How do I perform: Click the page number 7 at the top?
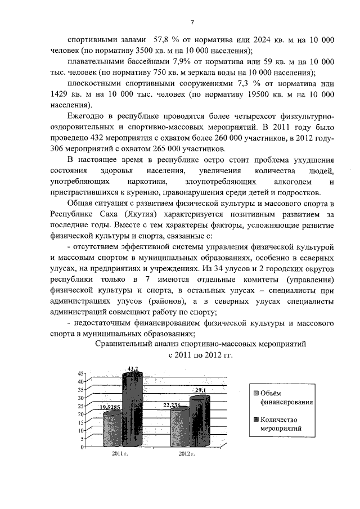192,22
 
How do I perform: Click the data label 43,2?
133,368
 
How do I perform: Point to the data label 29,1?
201,390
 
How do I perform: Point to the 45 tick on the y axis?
80,373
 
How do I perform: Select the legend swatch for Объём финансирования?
256,393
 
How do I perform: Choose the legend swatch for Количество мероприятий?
256,419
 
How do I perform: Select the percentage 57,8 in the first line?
161,40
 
